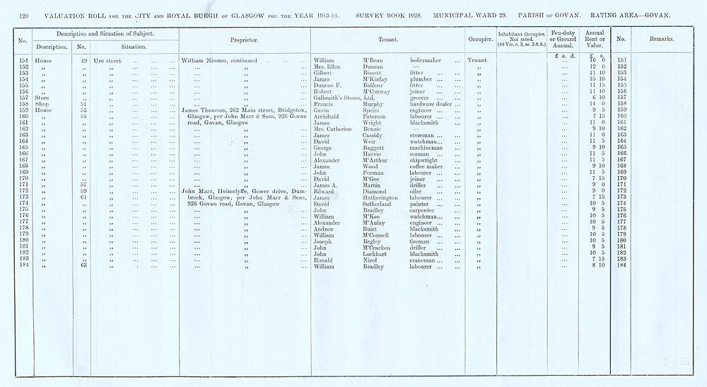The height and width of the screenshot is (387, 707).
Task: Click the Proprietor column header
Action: pos(244,40)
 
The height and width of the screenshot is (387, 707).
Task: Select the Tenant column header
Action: pos(386,40)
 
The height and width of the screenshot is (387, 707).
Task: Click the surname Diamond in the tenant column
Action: pos(376,190)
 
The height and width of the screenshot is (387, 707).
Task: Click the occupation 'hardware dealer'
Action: pos(435,103)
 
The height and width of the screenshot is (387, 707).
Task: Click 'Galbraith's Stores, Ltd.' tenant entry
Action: pos(343,97)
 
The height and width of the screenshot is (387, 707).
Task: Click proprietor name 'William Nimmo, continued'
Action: pos(220,61)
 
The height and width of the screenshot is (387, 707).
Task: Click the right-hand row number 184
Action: pos(621,265)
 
